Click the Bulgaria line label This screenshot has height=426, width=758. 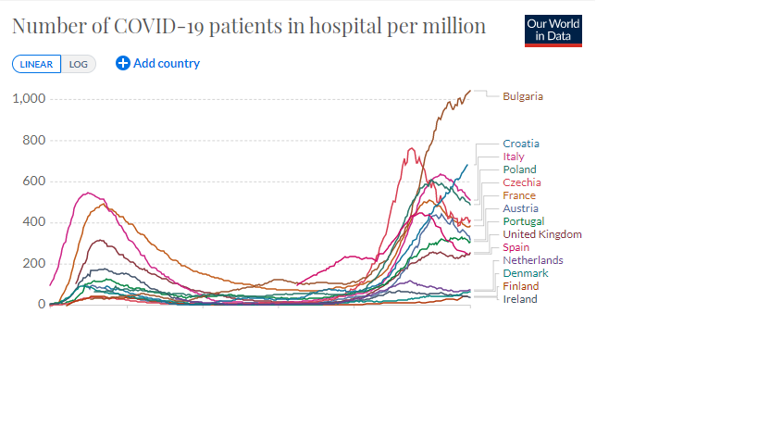click(523, 96)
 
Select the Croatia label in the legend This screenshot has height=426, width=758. click(521, 144)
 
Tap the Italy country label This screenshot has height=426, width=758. click(514, 157)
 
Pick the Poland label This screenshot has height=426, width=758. click(519, 169)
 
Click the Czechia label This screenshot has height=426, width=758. click(522, 182)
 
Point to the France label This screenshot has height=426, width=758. click(519, 195)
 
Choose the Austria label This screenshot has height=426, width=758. click(520, 208)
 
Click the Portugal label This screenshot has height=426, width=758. click(523, 221)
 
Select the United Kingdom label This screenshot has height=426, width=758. click(542, 234)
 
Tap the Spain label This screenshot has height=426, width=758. click(516, 247)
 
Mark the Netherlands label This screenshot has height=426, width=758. click(533, 260)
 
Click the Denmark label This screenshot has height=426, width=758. click(526, 273)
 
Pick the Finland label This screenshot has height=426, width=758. click(520, 286)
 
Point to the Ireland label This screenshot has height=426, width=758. click(520, 299)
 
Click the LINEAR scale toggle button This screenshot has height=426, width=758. click(37, 64)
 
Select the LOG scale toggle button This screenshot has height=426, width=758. click(79, 64)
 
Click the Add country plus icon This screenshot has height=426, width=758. click(123, 63)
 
